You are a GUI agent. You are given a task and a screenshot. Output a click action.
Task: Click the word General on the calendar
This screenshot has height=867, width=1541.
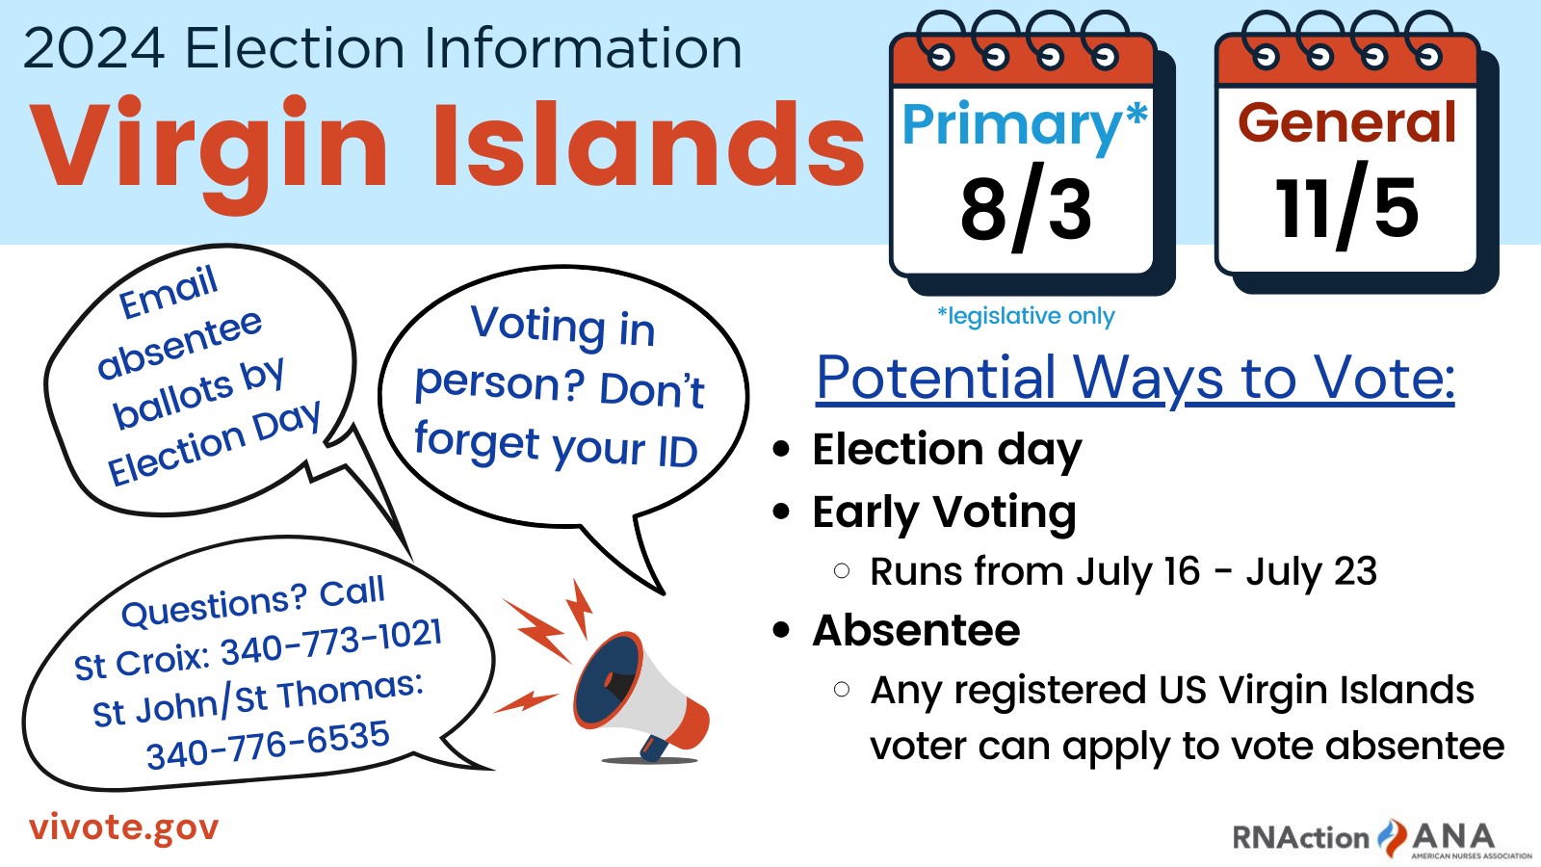click(x=1347, y=122)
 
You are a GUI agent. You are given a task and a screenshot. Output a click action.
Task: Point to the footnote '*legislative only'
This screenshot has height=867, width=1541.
click(x=1026, y=317)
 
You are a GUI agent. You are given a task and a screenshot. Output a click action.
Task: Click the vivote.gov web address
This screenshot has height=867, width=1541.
click(x=124, y=828)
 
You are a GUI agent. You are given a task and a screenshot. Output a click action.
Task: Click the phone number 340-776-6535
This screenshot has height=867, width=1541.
click(x=269, y=745)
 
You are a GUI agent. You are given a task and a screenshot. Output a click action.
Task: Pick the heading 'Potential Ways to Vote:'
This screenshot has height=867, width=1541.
click(x=1136, y=379)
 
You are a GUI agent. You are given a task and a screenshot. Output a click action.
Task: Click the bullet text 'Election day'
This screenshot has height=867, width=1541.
click(x=947, y=451)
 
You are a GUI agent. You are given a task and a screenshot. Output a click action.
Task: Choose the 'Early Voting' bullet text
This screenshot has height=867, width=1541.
click(x=944, y=513)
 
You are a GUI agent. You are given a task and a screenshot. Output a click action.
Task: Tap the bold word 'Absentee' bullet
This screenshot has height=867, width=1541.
click(x=916, y=630)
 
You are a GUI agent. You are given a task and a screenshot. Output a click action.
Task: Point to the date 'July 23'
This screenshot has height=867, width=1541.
click(x=1312, y=572)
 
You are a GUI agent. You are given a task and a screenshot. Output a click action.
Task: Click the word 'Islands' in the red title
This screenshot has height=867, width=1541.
click(x=648, y=145)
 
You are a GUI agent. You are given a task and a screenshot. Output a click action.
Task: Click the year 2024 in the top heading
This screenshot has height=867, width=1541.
click(x=94, y=47)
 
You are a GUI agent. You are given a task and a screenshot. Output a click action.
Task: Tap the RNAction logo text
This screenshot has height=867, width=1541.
click(x=1301, y=838)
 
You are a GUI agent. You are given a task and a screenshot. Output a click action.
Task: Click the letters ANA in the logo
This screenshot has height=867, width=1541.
click(x=1453, y=837)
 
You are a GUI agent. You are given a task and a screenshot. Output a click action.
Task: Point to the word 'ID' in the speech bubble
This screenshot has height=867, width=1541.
click(x=678, y=452)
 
